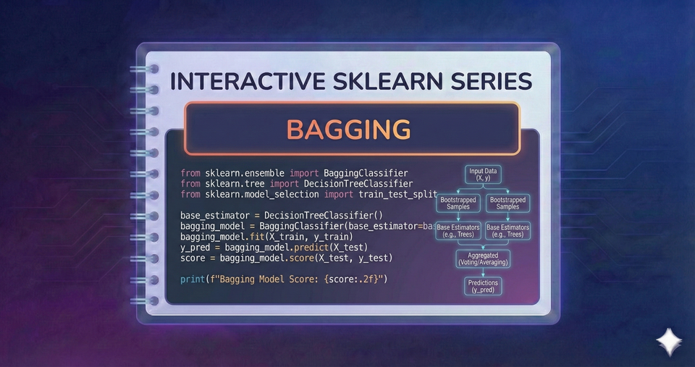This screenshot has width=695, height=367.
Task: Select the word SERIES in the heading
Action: coord(489,81)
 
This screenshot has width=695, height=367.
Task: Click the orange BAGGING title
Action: coord(348,129)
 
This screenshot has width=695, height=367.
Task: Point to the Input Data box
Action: coord(483,174)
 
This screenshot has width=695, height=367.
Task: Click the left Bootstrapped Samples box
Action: coord(458,203)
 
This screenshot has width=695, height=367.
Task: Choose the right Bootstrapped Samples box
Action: coord(507,203)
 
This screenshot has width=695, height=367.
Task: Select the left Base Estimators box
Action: coord(458,231)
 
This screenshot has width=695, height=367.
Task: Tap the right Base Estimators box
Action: coord(507,231)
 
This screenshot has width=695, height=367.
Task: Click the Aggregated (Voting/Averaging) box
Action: coord(483,258)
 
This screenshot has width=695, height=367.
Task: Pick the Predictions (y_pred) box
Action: coord(483,287)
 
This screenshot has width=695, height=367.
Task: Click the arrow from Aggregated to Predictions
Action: coord(483,273)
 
